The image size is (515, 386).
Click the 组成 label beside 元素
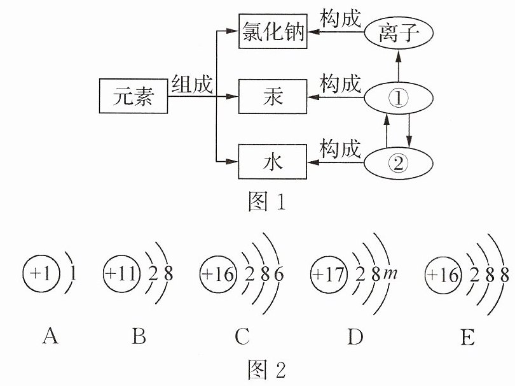[x=192, y=84]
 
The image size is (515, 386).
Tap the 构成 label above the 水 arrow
[x=341, y=149]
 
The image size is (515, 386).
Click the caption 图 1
[x=266, y=201]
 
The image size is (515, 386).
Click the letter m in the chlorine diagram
[x=390, y=273]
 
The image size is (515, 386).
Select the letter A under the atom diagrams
[x=50, y=336]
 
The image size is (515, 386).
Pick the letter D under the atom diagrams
[x=355, y=336]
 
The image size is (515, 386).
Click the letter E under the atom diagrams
[x=468, y=336]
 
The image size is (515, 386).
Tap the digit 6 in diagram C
[x=279, y=275]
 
